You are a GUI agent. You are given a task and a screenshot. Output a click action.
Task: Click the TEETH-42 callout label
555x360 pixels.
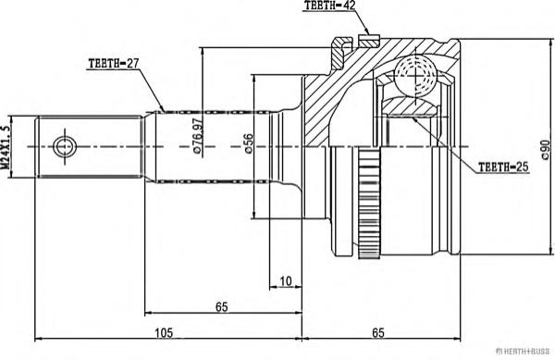tap(329, 6)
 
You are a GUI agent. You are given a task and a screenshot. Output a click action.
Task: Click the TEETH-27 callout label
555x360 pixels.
tap(113, 64)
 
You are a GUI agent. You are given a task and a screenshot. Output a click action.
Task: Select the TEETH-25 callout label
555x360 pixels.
tap(503, 168)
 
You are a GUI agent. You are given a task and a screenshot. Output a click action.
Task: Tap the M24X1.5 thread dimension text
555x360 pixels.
tap(6, 146)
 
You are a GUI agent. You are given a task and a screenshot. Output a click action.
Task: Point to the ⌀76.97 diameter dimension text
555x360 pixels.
tap(198, 136)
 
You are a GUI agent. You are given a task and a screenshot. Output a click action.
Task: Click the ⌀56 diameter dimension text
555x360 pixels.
tap(249, 143)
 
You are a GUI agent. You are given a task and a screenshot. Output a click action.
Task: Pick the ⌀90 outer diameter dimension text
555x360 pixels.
tap(546, 149)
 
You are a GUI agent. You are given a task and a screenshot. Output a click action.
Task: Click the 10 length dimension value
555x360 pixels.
tap(286, 281)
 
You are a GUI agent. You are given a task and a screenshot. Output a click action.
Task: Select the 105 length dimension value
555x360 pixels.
tap(164, 333)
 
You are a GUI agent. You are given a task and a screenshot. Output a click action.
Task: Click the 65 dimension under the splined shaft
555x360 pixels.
tap(222, 307)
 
